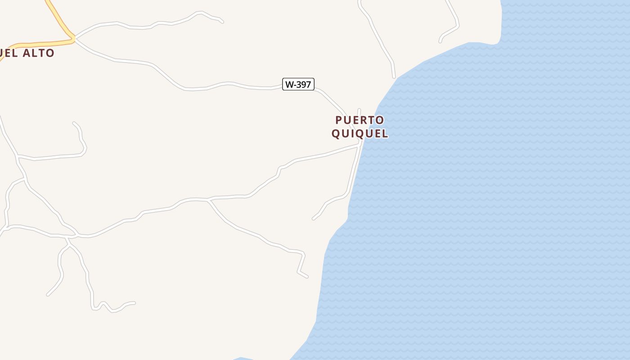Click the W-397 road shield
point(298,84)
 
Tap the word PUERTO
point(360,120)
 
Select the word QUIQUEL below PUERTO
point(360,134)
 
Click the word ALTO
point(38,53)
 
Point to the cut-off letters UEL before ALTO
point(9,53)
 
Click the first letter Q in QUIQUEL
point(336,134)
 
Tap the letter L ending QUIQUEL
point(384,134)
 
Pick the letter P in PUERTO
point(339,120)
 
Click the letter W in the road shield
point(289,84)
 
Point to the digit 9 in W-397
point(303,84)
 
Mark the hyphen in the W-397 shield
point(295,84)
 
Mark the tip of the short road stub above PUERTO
point(359,110)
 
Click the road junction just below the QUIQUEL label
point(360,144)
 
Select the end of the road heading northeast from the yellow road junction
point(222,22)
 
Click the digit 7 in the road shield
point(308,84)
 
